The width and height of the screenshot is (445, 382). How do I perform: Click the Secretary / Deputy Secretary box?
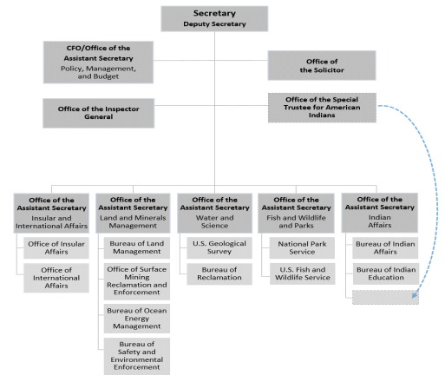tap(214, 19)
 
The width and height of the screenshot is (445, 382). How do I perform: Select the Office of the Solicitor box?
tap(322, 65)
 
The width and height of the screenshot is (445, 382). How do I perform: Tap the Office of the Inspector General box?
tap(99, 113)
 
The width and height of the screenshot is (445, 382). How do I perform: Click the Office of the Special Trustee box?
tap(322, 108)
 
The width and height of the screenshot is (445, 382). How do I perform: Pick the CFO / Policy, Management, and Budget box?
tap(98, 63)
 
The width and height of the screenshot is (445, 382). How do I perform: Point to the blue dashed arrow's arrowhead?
tap(415, 295)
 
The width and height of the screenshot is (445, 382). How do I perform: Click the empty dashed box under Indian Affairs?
tap(385, 297)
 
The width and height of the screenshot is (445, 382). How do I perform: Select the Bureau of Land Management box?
tap(137, 247)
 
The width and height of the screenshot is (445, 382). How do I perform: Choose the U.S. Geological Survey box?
tap(219, 247)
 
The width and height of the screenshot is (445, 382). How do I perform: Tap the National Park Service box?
tap(302, 247)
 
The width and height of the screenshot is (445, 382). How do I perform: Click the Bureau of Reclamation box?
tap(219, 273)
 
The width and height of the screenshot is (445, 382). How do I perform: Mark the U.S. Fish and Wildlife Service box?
tap(303, 273)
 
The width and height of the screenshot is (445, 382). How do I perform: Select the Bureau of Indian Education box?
tap(386, 273)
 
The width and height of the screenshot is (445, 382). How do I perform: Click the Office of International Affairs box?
tap(56, 278)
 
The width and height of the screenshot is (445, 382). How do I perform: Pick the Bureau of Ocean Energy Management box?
tap(137, 319)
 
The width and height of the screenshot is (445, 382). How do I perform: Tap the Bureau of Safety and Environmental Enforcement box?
tap(137, 356)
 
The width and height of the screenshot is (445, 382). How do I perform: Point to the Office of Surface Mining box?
tap(137, 281)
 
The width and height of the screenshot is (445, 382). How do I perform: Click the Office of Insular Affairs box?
tap(56, 247)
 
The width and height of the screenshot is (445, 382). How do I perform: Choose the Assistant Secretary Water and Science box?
tap(214, 214)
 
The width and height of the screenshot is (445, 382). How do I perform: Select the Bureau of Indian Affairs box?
tap(385, 247)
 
